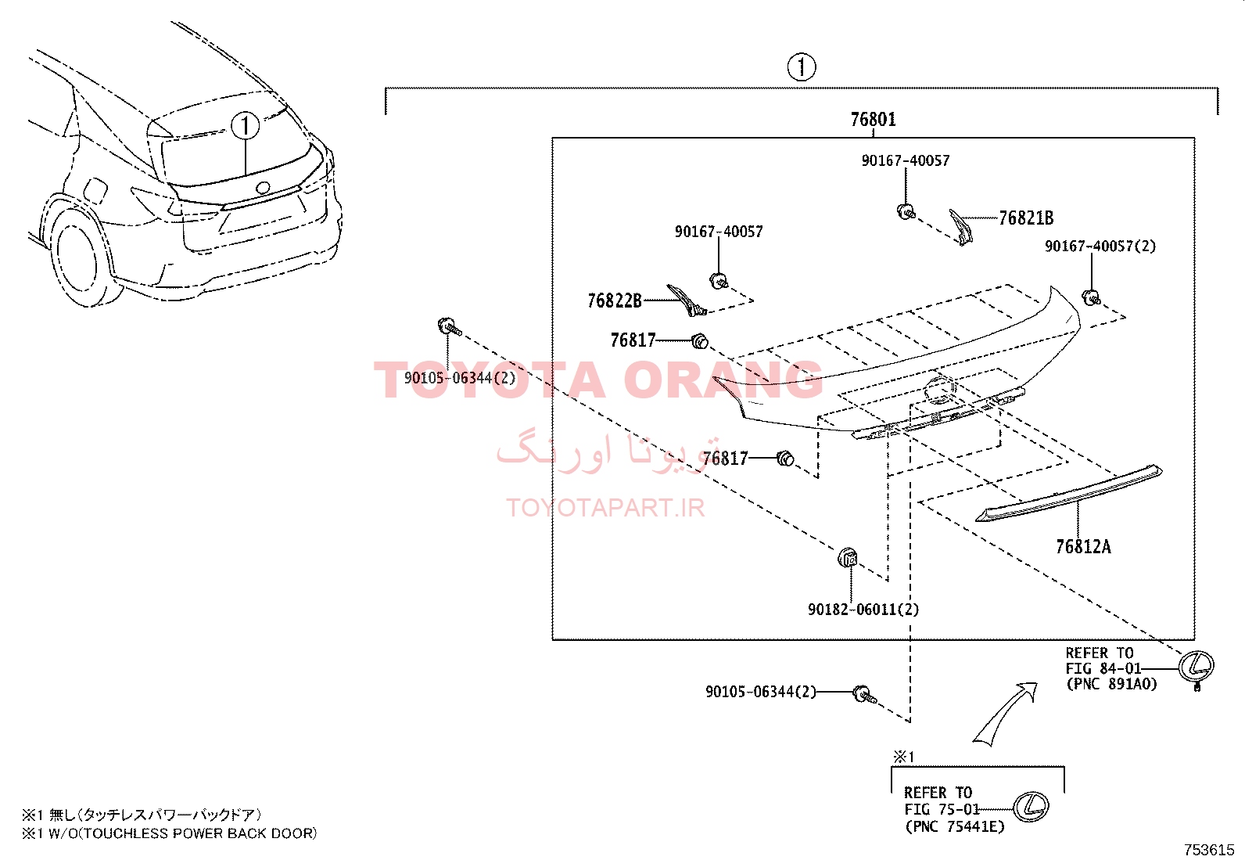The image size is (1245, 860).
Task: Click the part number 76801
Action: click(874, 120)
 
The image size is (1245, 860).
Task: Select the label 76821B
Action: click(1026, 218)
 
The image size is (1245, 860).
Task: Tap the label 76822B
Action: click(614, 301)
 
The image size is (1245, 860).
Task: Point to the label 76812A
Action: click(1083, 547)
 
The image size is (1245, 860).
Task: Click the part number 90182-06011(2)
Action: click(863, 609)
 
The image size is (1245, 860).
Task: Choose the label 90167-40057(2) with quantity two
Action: click(1100, 246)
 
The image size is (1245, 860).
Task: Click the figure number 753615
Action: click(1209, 850)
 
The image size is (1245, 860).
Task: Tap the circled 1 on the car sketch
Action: click(245, 126)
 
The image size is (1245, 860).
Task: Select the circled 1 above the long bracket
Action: click(802, 67)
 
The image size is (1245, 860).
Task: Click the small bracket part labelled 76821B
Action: click(960, 226)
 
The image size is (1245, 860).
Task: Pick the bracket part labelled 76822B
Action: click(687, 300)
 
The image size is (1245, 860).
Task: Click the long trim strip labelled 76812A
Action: click(1068, 494)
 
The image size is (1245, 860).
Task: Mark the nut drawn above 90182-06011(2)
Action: click(847, 557)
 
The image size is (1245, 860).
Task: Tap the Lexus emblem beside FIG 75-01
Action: click(1031, 807)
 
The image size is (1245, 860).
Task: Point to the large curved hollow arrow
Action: click(1004, 714)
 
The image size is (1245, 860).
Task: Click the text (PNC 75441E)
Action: click(955, 826)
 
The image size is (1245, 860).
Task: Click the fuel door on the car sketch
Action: click(95, 192)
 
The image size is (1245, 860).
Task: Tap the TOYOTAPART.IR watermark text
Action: click(605, 507)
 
